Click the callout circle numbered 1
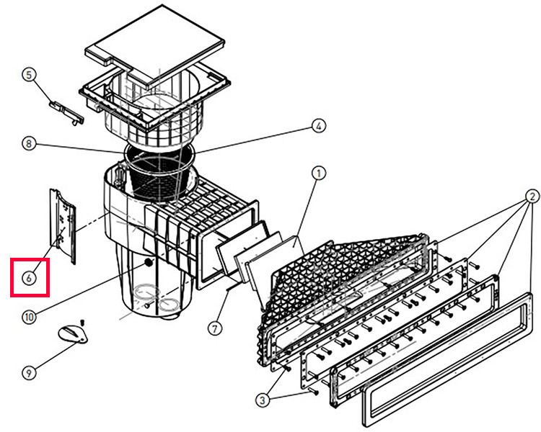318,173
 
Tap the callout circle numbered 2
532,195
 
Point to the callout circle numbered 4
318,126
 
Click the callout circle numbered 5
28,74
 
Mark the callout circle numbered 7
214,328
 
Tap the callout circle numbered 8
28,144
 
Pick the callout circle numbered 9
28,372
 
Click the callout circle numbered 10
28,315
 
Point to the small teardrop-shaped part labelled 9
72,333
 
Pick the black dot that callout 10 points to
149,264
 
